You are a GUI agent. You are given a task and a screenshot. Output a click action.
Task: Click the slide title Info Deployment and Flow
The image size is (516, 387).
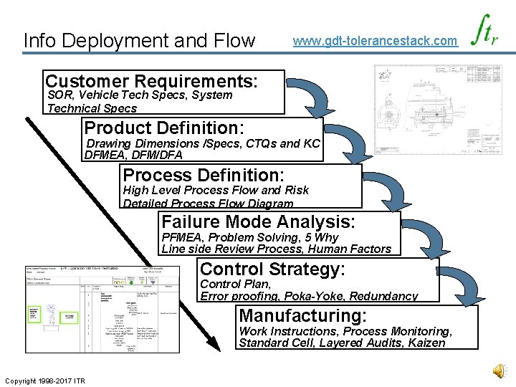139,40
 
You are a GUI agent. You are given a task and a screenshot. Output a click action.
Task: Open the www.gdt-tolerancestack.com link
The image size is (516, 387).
375,41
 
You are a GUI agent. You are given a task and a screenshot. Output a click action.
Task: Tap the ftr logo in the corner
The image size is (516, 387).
485,33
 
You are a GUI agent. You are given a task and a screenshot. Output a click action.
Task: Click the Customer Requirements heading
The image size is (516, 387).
151,80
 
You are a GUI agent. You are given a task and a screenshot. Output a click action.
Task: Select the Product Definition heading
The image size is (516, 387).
164,128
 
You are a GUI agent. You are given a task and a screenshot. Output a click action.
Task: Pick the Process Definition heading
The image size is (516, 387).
204,175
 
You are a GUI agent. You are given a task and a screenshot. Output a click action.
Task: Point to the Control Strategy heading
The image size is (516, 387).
272,269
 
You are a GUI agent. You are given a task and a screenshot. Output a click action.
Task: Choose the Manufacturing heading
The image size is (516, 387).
302,315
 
